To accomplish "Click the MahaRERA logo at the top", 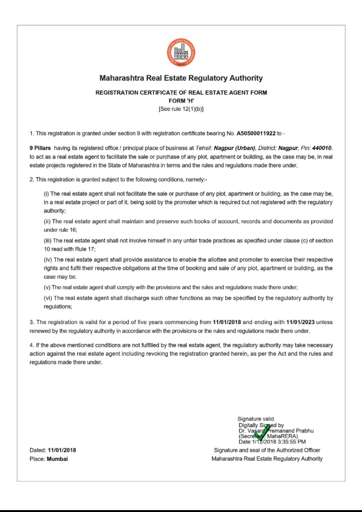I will click(x=181, y=53).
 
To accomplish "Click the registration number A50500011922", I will click(x=256, y=133).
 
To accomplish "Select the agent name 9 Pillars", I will click(x=40, y=148).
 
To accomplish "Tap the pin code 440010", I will click(x=322, y=148).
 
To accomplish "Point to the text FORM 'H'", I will click(x=181, y=101).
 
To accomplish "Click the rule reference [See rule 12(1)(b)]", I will click(x=181, y=109).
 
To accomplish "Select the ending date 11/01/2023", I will click(x=300, y=323).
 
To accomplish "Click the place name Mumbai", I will click(x=57, y=459).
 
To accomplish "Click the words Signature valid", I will click(x=256, y=419).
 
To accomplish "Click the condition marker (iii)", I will click(x=48, y=241).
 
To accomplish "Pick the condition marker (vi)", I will click(x=48, y=298).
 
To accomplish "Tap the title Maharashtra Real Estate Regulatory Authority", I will click(x=181, y=78).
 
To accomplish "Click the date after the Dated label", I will click(x=62, y=450).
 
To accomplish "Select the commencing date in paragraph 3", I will click(x=226, y=323).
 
